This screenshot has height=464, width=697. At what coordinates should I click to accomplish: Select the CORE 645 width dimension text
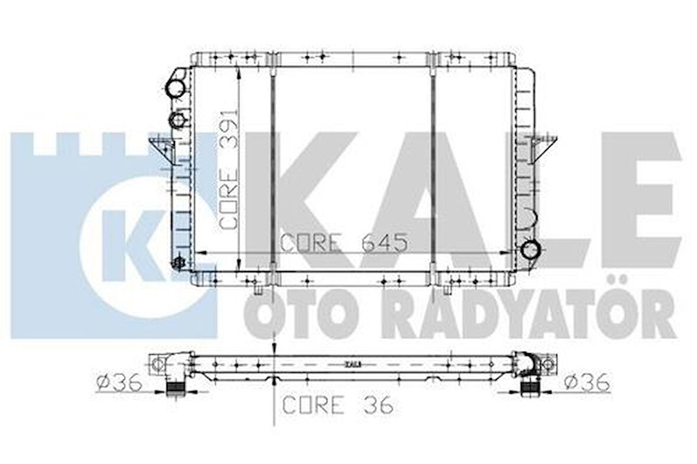(343, 243)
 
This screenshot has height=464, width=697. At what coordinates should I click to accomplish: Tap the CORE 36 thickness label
(338, 405)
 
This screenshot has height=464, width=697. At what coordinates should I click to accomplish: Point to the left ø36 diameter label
(119, 384)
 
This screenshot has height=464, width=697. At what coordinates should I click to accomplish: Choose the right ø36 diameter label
(587, 383)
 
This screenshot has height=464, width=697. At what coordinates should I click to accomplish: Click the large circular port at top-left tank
(175, 89)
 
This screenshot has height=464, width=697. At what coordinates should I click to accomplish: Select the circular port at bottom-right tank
(530, 249)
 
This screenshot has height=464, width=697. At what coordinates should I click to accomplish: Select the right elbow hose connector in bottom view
(527, 369)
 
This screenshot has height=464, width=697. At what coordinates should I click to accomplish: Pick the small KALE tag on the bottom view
(353, 364)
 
